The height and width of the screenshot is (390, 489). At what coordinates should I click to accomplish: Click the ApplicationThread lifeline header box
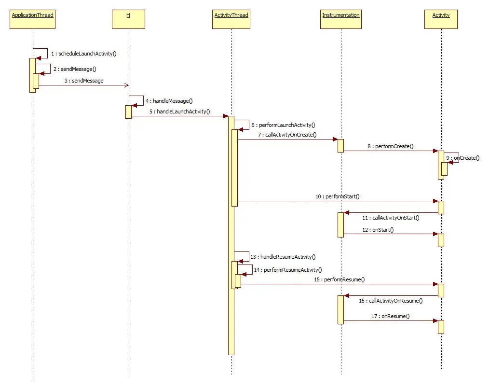point(32,19)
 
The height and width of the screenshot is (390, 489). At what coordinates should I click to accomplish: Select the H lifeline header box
point(128,19)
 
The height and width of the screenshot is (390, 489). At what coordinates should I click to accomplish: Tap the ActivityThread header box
point(231,19)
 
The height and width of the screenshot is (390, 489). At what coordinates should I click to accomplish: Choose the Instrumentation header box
point(341,19)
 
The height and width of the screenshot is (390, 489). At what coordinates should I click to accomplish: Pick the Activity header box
point(441,19)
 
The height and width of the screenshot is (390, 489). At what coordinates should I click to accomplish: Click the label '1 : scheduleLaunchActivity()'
point(84,54)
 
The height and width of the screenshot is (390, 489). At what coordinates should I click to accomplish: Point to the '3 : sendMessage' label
point(84,81)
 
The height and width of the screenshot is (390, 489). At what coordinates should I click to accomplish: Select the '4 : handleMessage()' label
point(169,101)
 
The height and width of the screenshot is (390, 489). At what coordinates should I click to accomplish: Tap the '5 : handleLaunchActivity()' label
point(179,111)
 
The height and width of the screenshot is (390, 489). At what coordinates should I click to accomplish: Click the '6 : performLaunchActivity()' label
point(283,125)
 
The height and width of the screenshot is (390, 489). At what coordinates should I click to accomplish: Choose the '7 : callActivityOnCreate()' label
point(287,135)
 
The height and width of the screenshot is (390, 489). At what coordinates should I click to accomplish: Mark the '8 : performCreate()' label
point(391,146)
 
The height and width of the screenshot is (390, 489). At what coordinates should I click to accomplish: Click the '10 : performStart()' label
point(338,196)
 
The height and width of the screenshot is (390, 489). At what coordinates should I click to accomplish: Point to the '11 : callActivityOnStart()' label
point(391,218)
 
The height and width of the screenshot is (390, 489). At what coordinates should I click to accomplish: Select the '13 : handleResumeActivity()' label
point(283,257)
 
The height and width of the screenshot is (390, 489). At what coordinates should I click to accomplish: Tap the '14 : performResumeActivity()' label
point(288,270)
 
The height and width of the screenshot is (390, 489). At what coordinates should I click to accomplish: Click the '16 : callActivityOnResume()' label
point(391,301)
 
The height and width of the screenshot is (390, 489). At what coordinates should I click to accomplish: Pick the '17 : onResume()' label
point(391,316)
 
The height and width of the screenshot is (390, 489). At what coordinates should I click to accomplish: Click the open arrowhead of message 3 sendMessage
point(127,85)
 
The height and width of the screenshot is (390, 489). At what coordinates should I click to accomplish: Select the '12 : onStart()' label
point(378,230)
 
